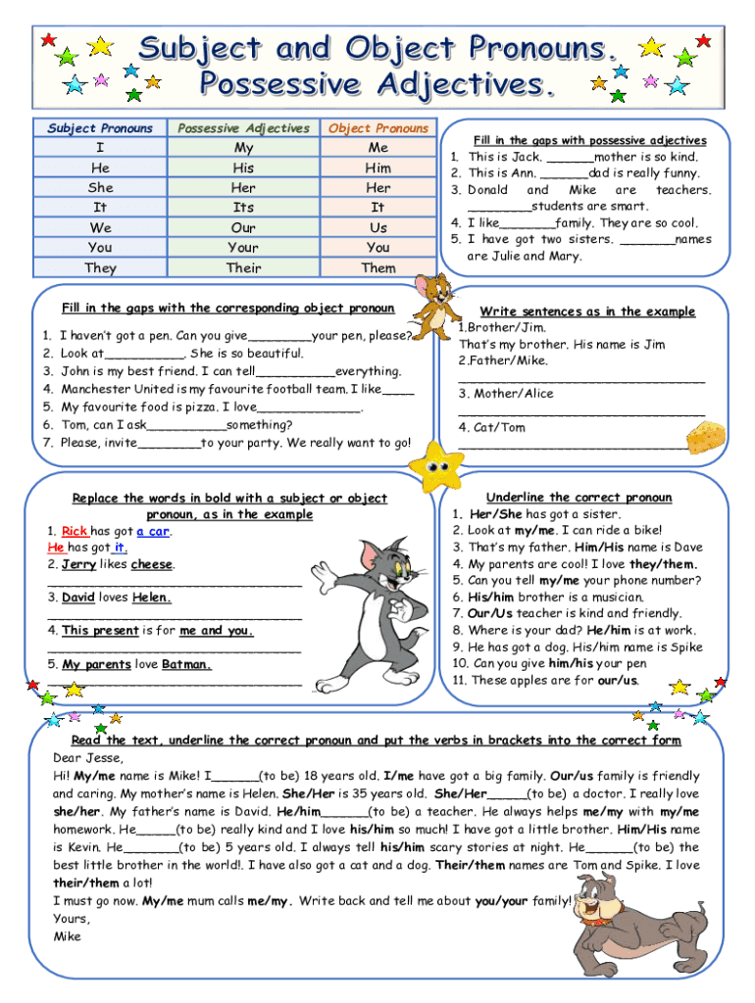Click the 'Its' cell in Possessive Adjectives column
coord(243,208)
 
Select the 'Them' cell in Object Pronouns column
coord(378,267)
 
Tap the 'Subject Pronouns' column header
coord(100,128)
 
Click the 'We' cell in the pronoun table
coord(100,227)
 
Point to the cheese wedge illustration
coord(706,437)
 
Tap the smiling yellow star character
coord(435,465)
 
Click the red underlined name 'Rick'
coord(75,532)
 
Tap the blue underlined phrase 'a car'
coord(154,532)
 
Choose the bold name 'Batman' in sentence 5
coord(185,664)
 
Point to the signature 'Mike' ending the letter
coord(68,936)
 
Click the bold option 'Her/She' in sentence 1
coord(496,514)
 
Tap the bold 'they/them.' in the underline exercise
coord(663,564)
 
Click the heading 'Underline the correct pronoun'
coord(579,498)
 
